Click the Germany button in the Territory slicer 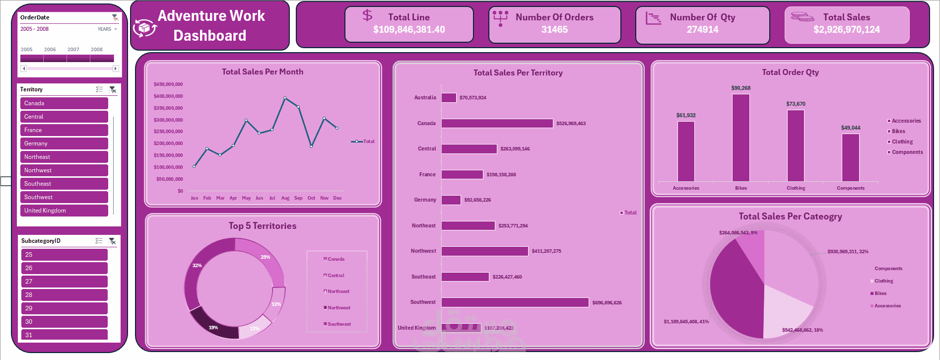click(64, 144)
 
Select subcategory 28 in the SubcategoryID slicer click(64, 295)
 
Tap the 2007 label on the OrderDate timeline click(73, 50)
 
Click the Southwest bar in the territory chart click(515, 302)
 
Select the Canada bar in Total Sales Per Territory click(497, 123)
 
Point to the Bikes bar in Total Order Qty click(741, 138)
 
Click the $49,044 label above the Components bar click(851, 128)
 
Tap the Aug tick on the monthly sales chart click(285, 198)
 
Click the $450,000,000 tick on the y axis click(168, 84)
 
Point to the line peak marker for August click(285, 98)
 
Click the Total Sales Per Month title click(263, 72)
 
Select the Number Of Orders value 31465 click(554, 30)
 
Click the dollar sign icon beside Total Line click(367, 15)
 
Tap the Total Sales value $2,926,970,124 click(847, 30)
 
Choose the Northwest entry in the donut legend click(338, 308)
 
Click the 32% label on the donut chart click(197, 266)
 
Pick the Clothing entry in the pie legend click(883, 281)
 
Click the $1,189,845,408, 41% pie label click(686, 322)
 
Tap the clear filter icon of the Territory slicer click(113, 89)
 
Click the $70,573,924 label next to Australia click(473, 98)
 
